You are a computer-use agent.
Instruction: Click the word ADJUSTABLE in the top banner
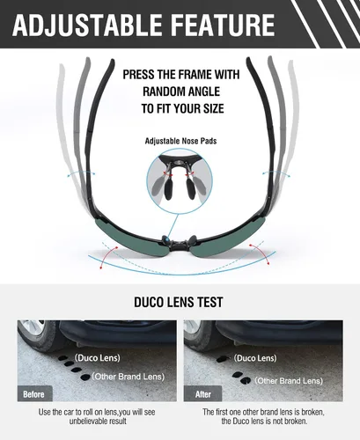point(87,25)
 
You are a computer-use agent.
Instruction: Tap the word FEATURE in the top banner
point(223,25)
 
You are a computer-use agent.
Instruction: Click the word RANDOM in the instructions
point(161,92)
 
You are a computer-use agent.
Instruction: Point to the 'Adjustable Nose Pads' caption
point(180,141)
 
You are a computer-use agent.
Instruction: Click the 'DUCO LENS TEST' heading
point(179,302)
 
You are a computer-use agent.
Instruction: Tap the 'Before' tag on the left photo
point(34,394)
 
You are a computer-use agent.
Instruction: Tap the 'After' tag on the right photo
point(203,394)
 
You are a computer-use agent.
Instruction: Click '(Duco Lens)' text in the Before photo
point(98,358)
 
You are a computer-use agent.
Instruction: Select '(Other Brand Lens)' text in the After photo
point(289,381)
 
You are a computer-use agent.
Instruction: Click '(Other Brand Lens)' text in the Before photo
point(129,377)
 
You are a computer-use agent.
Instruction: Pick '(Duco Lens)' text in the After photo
point(255,358)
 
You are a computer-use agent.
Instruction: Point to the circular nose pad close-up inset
point(180,181)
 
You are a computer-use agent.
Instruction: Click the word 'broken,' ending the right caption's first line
point(313,412)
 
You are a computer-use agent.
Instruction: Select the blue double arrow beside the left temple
point(81,172)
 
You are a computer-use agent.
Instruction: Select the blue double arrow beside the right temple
point(276,173)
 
